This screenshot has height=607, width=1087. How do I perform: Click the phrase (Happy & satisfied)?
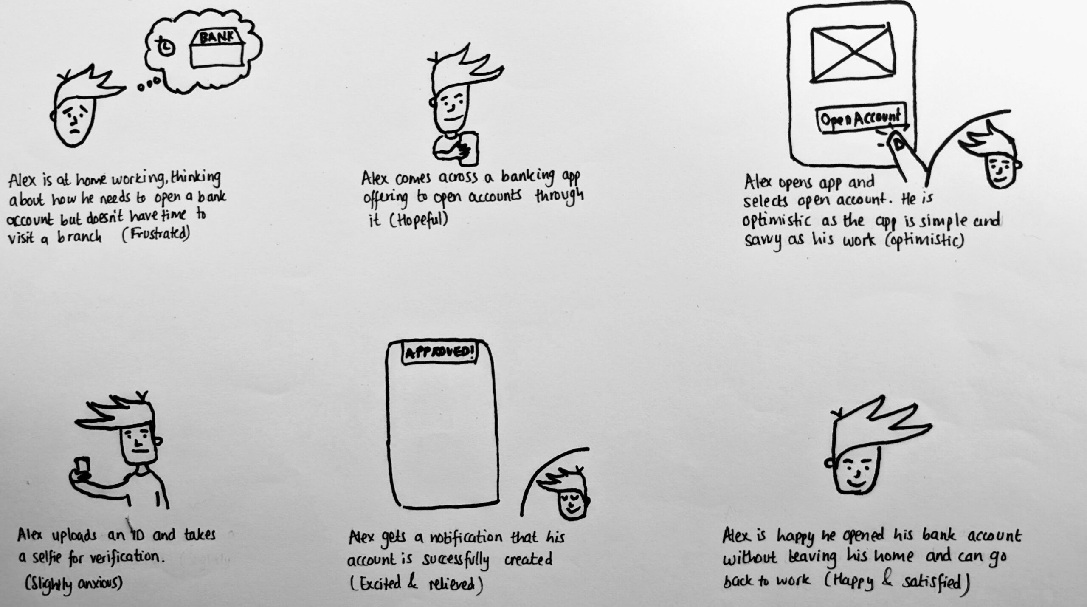tap(896, 582)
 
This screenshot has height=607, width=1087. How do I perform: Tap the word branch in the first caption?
tap(80, 237)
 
